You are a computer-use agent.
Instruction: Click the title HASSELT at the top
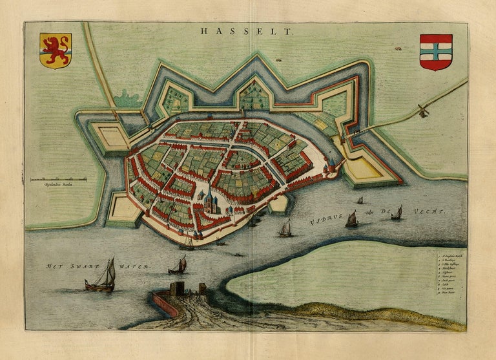click(x=246, y=30)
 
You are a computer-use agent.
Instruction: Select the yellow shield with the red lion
click(x=56, y=50)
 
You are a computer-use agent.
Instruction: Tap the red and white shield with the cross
click(x=436, y=52)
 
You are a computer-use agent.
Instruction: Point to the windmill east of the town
click(x=423, y=111)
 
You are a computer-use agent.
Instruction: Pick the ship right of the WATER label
click(x=178, y=265)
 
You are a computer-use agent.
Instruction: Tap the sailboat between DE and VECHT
click(x=397, y=212)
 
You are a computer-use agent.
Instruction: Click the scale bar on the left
click(x=58, y=178)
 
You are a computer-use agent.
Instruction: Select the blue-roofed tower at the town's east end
click(x=330, y=167)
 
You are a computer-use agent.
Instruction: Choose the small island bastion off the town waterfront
click(x=278, y=204)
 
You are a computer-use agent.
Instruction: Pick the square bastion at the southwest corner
click(x=123, y=208)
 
